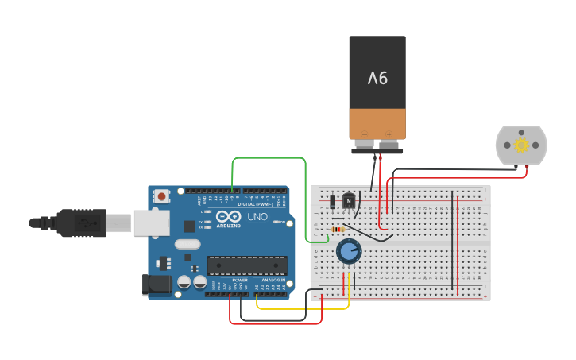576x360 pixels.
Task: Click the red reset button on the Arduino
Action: point(162,195)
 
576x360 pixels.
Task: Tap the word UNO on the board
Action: point(258,217)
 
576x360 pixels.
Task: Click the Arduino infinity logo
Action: point(228,216)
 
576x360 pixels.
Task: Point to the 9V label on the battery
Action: point(377,78)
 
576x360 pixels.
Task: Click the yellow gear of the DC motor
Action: point(521,145)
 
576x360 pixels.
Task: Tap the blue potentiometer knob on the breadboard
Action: point(349,252)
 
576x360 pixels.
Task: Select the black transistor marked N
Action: point(349,203)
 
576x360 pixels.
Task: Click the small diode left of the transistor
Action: point(332,203)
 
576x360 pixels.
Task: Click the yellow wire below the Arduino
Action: point(302,308)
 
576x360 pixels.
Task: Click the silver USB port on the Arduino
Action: point(151,223)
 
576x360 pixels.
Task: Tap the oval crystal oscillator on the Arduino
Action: point(187,245)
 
